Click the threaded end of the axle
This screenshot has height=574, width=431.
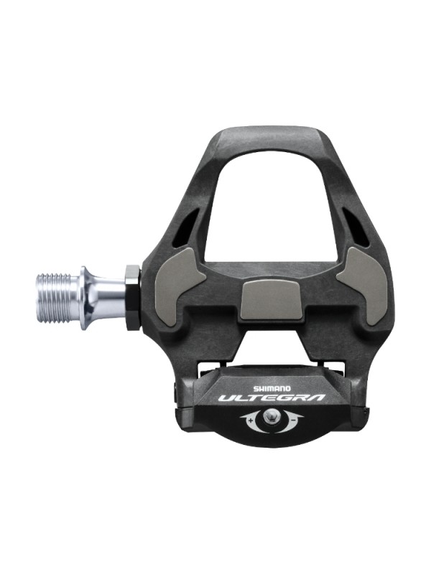pyautogui.click(x=57, y=297)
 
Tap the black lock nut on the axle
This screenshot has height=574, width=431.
pyautogui.click(x=133, y=297)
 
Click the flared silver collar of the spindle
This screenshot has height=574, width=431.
pyautogui.click(x=88, y=297)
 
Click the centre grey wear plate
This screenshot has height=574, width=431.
pyautogui.click(x=270, y=301)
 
